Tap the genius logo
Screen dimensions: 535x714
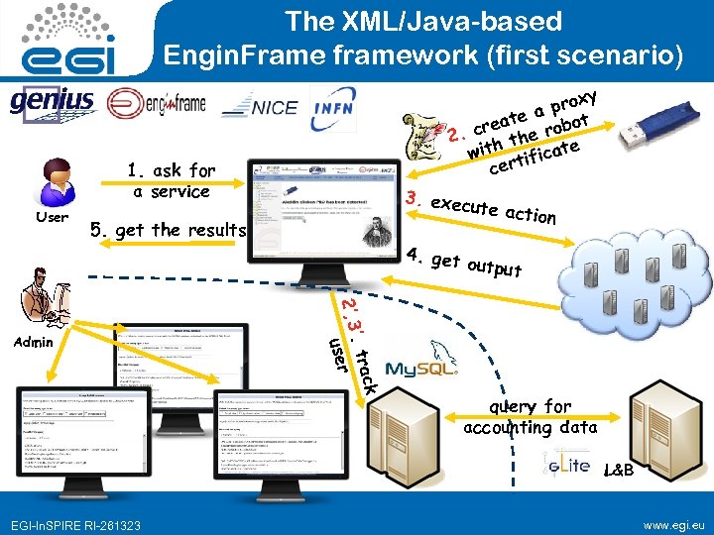coord(52,101)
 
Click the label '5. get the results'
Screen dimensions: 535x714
coord(167,230)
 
